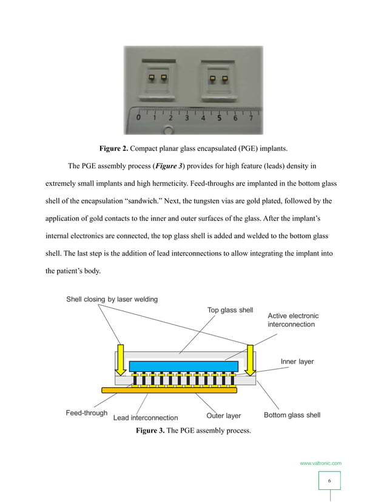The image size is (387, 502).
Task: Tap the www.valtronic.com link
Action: click(x=320, y=463)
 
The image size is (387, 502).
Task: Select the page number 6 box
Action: click(x=329, y=481)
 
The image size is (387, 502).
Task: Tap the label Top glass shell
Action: click(x=230, y=311)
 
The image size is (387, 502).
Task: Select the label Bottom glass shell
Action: click(x=292, y=415)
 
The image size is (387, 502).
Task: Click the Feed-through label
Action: click(x=87, y=413)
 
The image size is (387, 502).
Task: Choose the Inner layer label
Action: click(x=297, y=362)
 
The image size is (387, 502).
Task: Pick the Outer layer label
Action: click(x=223, y=416)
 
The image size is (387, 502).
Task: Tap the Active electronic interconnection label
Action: click(x=293, y=320)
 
